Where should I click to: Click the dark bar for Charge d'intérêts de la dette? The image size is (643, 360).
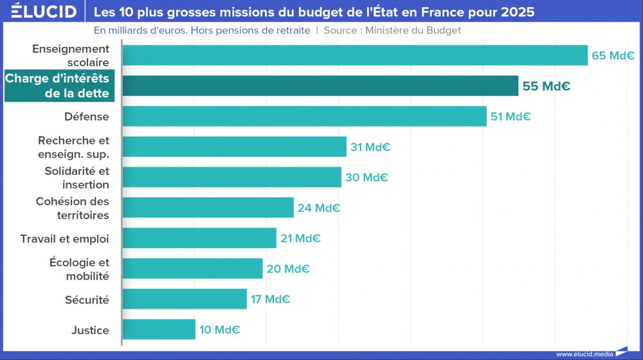tap(320, 85)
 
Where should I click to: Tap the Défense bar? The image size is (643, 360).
tap(304, 116)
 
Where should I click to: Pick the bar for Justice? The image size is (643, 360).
tap(159, 330)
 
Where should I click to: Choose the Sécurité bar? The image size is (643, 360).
tap(185, 299)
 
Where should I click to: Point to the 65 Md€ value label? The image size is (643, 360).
tap(613, 55)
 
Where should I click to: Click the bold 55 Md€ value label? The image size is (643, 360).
tap(546, 86)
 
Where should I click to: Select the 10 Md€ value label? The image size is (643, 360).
tap(219, 330)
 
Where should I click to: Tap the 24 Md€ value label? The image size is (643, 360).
tap(318, 208)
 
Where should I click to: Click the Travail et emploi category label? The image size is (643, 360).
tap(64, 239)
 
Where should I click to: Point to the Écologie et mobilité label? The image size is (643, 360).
tap(79, 269)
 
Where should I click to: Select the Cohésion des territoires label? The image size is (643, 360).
tap(72, 208)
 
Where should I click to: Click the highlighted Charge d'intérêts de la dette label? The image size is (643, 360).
tap(58, 85)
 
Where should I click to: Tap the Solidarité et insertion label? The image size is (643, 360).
tap(77, 177)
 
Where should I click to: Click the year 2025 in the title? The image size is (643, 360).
tap(518, 12)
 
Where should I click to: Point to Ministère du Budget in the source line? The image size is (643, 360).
tap(413, 30)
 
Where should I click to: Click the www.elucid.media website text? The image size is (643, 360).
tap(584, 354)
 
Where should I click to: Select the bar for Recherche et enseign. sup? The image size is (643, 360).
tap(234, 147)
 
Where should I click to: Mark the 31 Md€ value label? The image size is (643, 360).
tap(370, 147)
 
